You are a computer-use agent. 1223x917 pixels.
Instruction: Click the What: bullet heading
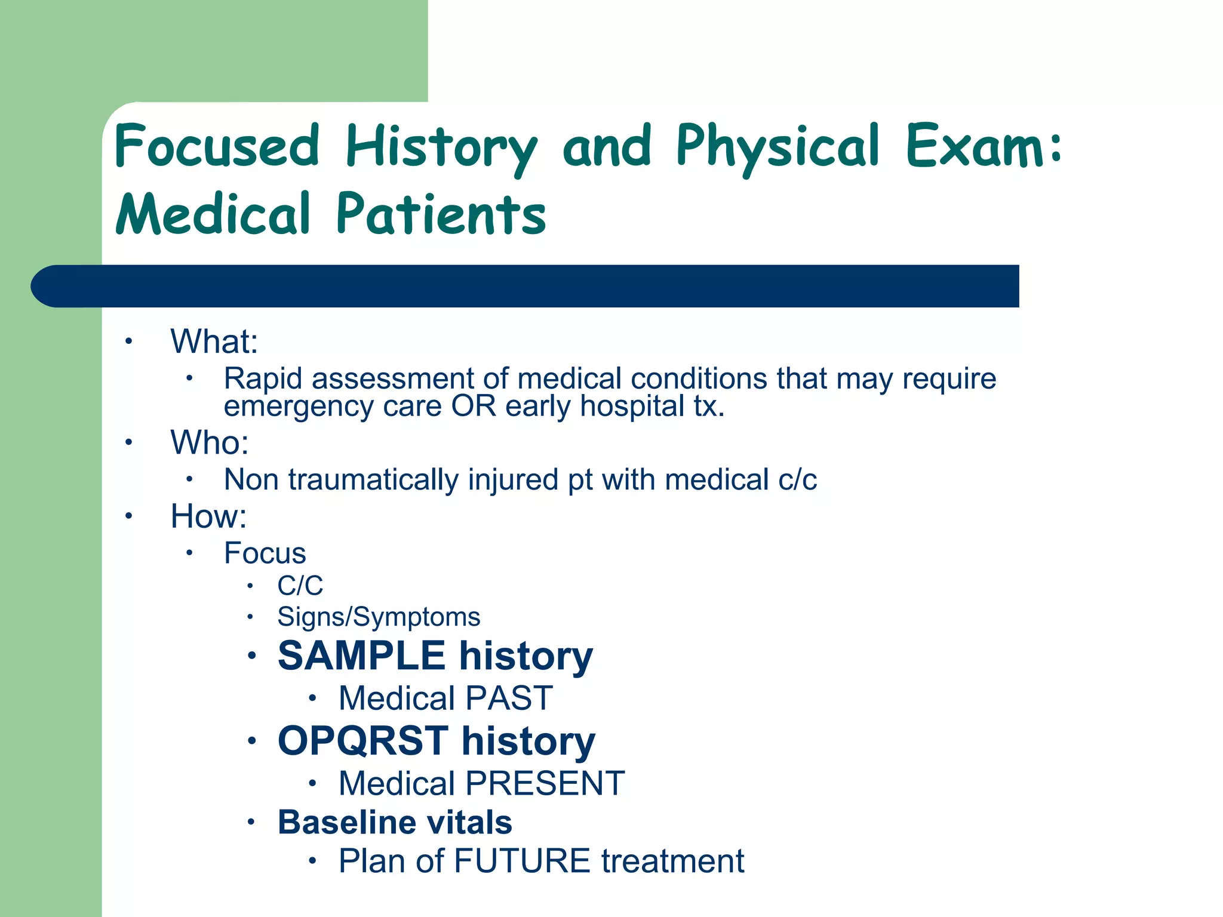coord(214,341)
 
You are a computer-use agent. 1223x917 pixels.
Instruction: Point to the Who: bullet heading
coord(209,442)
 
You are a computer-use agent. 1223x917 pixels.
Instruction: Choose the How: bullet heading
coord(208,516)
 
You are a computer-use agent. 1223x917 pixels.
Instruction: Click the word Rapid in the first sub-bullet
coord(263,379)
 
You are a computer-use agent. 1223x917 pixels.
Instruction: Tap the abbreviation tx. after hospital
coord(709,407)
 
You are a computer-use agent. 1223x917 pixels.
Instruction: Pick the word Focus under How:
coord(265,553)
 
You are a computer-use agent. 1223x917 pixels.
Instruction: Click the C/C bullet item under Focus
coord(300,586)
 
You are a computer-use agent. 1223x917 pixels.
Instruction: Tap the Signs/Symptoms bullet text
coord(379,617)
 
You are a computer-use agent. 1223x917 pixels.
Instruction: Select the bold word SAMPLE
coord(362,656)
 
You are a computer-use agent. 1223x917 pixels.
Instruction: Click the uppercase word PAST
coord(509,698)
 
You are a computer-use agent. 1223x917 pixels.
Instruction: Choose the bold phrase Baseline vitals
coord(395,822)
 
